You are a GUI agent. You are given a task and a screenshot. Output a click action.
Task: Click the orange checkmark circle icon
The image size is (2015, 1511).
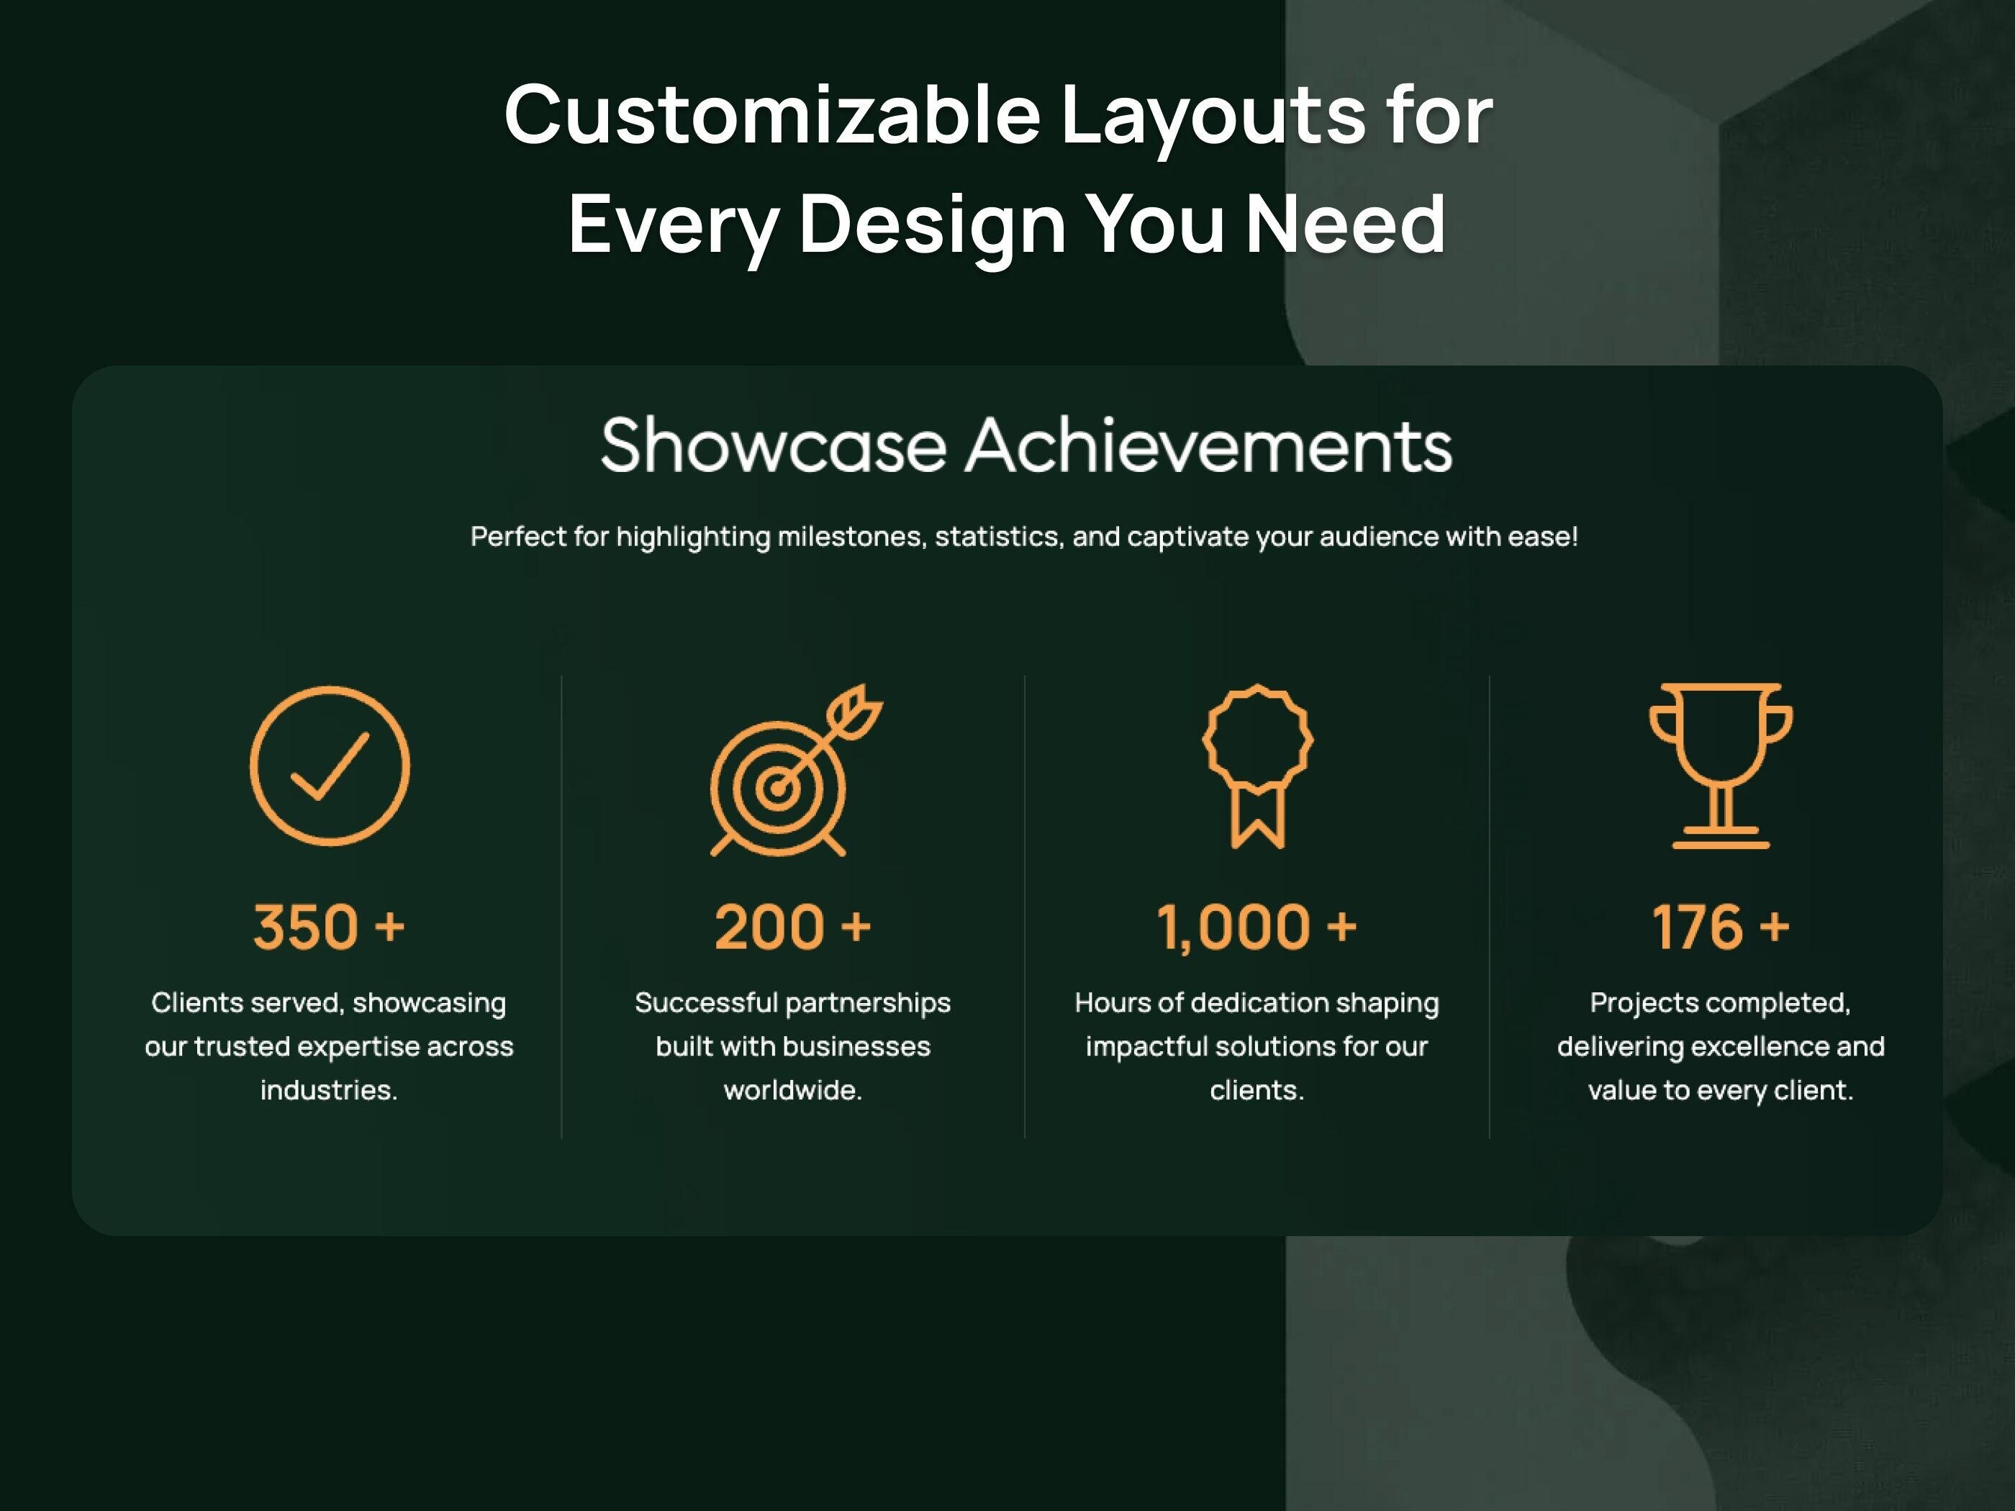point(329,766)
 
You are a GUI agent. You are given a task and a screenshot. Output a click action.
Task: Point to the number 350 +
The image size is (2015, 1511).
point(329,927)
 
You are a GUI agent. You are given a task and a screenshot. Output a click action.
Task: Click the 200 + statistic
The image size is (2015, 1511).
point(792,927)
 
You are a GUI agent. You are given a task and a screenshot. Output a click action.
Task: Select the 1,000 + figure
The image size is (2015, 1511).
point(1256,927)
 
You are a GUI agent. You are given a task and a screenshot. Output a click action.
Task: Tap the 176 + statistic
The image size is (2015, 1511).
point(1720,927)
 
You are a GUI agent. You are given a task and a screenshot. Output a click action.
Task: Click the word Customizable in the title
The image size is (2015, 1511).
point(771,116)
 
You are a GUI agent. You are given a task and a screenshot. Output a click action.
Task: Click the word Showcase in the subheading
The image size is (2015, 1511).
point(774,446)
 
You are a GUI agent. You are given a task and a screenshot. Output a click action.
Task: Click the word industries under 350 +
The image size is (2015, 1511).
point(328,1090)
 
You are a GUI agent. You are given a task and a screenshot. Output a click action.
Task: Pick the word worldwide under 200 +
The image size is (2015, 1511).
point(792,1090)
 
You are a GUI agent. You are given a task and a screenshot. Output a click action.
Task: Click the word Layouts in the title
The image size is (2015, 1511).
point(1213,116)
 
